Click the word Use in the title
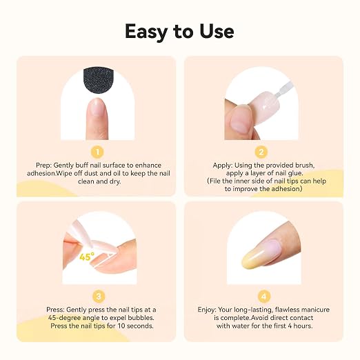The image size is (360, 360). click(x=217, y=31)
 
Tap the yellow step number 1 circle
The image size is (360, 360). click(x=97, y=152)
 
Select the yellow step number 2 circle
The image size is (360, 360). click(x=261, y=152)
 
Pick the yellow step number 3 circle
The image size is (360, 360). click(x=99, y=297)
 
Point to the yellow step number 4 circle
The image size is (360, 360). click(x=263, y=297)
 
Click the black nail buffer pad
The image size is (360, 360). click(x=99, y=81)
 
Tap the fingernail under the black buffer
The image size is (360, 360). click(x=97, y=107)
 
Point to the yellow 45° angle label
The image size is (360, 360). click(x=87, y=257)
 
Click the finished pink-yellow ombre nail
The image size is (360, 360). click(x=262, y=254)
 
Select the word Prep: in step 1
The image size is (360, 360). click(x=44, y=166)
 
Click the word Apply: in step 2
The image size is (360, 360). click(x=223, y=166)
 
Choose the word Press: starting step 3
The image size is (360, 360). click(x=55, y=310)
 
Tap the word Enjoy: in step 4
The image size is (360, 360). click(x=207, y=310)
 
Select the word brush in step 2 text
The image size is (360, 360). click(x=304, y=166)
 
